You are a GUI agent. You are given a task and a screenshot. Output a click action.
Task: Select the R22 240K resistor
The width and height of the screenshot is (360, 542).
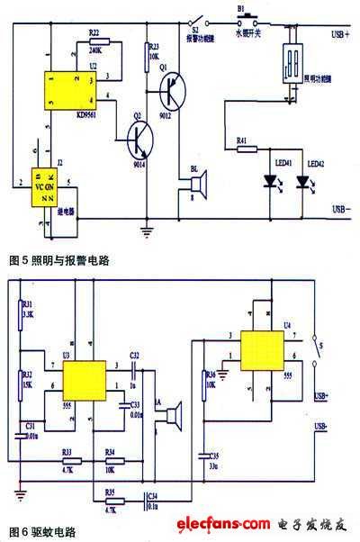click(x=99, y=41)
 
